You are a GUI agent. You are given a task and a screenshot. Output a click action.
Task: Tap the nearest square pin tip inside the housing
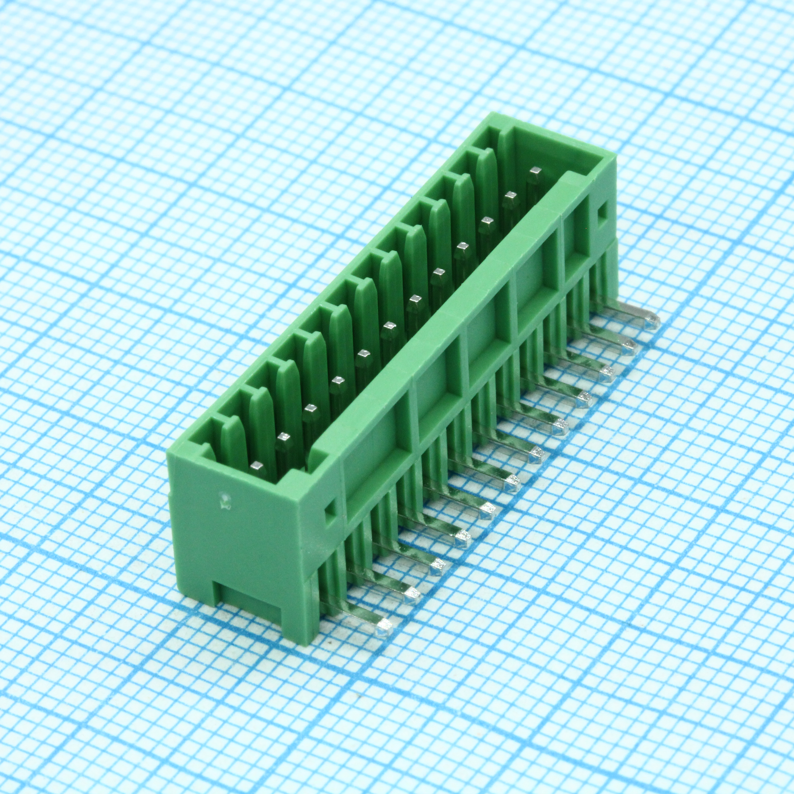click(258, 466)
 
